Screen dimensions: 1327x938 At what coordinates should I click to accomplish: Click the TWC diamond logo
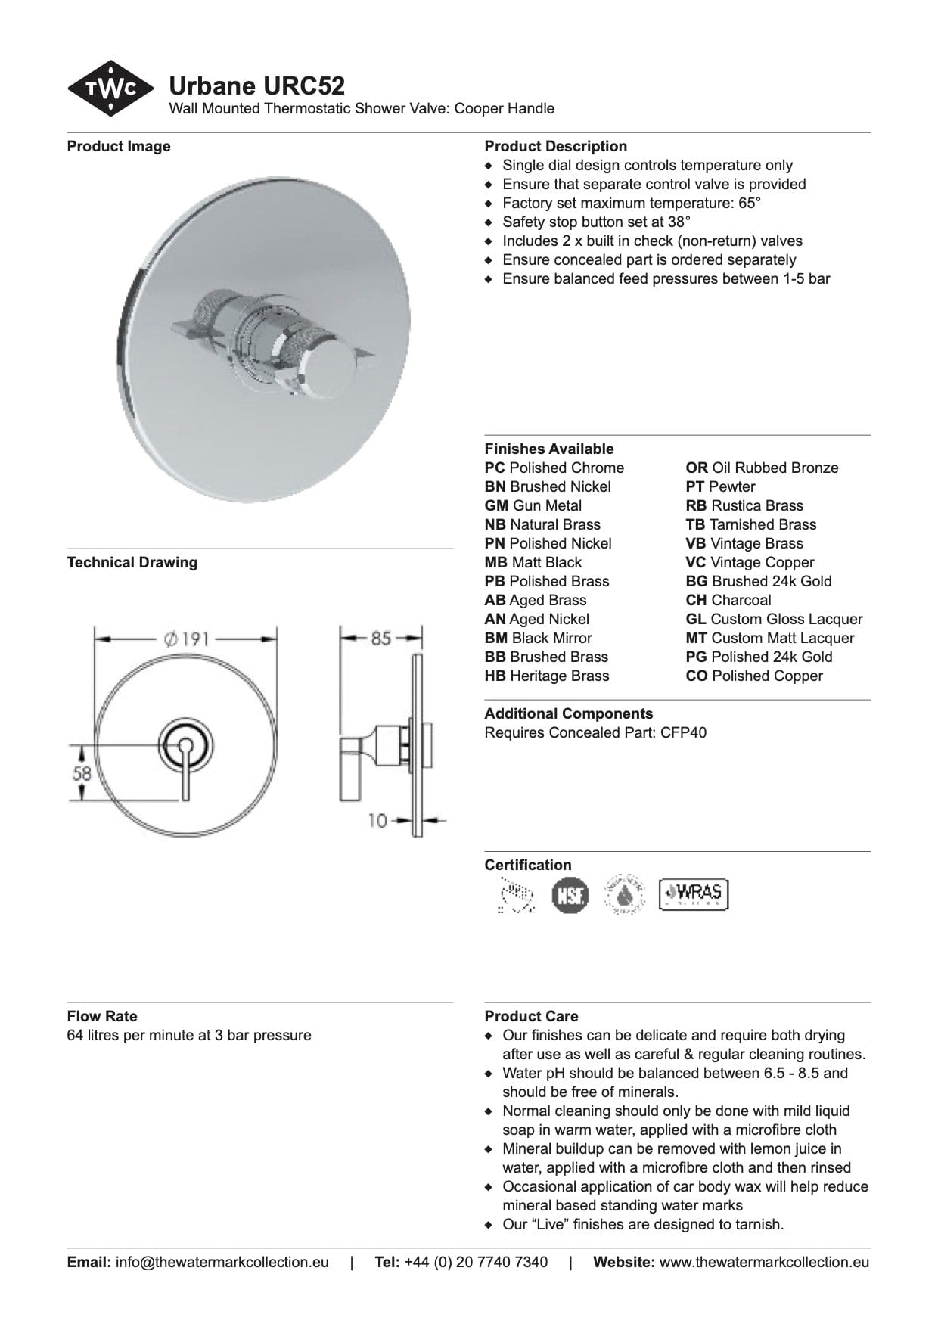click(110, 89)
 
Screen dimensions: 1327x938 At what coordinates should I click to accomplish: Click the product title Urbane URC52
click(256, 86)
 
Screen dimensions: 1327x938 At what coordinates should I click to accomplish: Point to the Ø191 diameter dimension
click(185, 639)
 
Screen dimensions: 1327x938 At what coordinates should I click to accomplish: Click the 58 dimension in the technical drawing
click(82, 773)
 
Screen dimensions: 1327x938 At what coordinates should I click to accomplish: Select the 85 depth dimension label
click(380, 638)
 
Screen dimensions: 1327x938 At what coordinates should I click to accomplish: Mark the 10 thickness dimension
click(377, 820)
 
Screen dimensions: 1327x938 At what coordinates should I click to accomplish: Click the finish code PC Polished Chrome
click(554, 468)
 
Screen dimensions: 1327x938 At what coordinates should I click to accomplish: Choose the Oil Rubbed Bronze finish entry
click(762, 468)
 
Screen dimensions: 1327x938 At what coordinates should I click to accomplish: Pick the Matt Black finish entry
click(533, 562)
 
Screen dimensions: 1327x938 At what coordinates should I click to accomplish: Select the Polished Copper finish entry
click(753, 676)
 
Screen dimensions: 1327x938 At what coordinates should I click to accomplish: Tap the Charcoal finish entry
click(728, 600)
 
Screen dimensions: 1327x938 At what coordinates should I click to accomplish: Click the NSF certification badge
click(569, 895)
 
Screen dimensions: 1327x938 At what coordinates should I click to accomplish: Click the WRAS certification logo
click(693, 893)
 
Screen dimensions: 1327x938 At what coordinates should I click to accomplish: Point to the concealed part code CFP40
click(683, 732)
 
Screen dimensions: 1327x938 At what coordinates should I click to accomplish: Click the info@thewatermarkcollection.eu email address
click(222, 1262)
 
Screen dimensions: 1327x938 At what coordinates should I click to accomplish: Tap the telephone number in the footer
click(476, 1262)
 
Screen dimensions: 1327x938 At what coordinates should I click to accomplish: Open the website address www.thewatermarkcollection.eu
click(764, 1262)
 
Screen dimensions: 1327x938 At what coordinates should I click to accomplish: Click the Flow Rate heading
click(102, 1016)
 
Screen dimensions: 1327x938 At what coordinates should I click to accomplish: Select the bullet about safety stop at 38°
click(596, 222)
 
